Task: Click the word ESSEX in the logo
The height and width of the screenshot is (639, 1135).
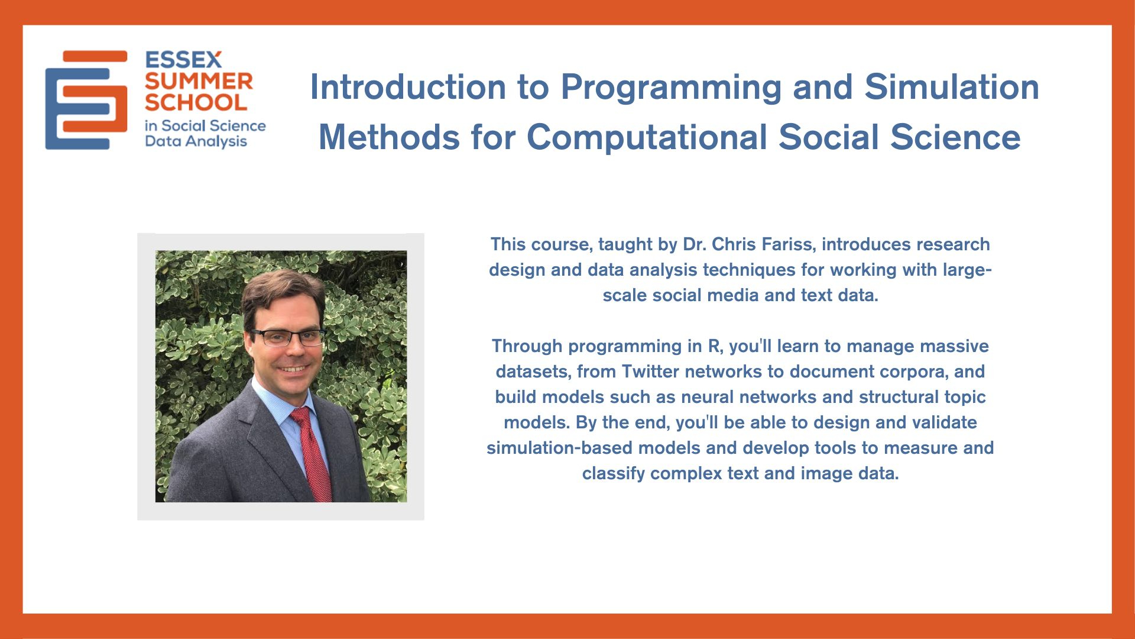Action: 183,60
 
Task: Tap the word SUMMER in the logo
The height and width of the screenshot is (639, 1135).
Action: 199,81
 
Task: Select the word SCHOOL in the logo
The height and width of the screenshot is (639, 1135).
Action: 196,102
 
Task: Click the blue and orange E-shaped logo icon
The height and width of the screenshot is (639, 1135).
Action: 86,100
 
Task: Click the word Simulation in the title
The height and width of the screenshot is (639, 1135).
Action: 952,87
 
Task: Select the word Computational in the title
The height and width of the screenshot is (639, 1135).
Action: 647,138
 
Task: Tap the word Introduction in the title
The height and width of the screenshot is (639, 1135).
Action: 408,87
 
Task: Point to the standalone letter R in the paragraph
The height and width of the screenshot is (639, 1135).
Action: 714,346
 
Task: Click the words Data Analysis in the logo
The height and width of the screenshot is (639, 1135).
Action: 196,142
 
